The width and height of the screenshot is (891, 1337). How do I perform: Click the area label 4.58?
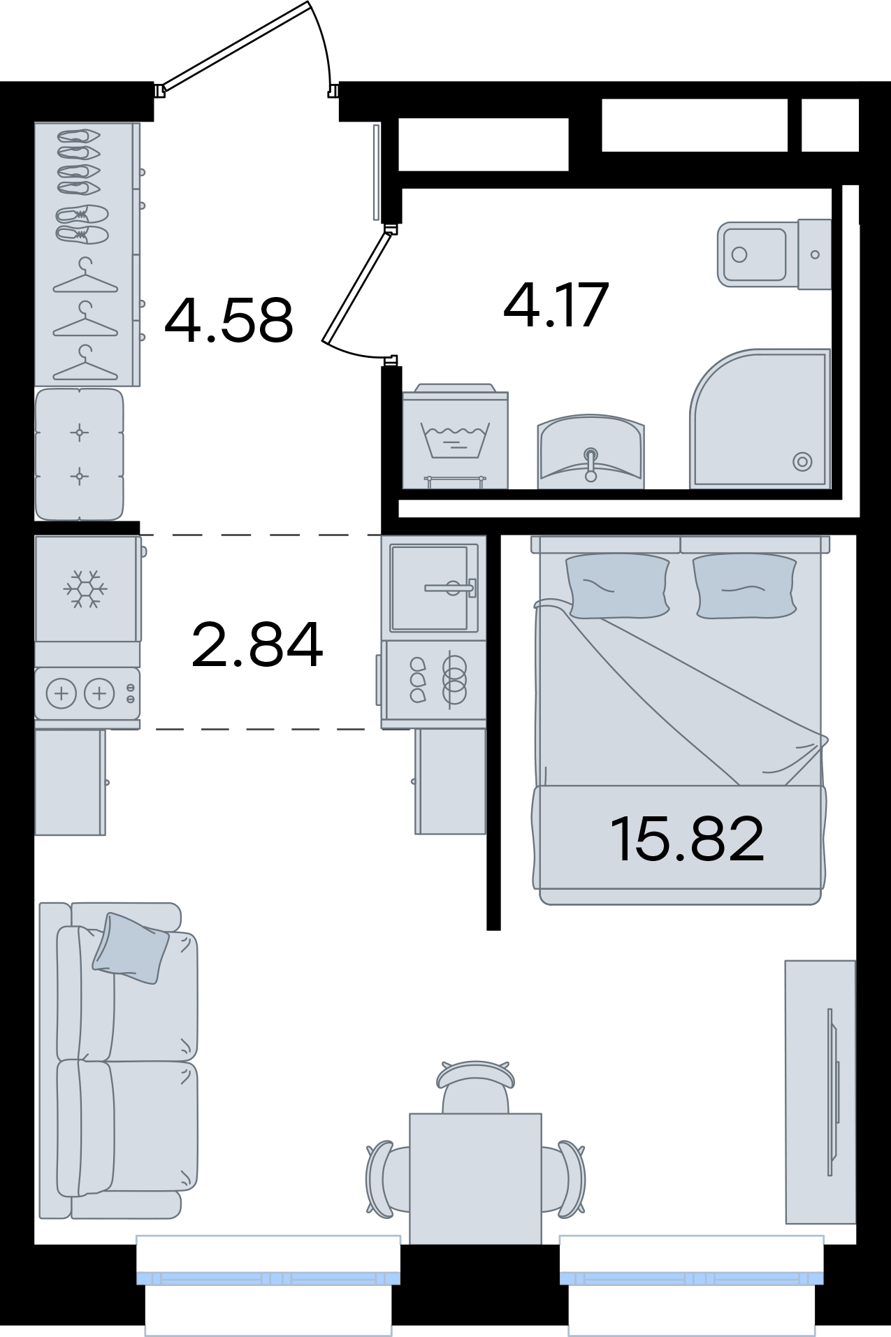coord(229,320)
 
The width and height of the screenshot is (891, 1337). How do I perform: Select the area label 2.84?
coord(257,644)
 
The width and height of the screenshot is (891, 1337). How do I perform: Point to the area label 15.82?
coord(687,839)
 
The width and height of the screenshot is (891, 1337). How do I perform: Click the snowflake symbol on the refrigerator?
coord(86,588)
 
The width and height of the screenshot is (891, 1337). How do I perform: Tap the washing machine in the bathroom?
coord(455,436)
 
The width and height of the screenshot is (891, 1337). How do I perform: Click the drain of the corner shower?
coord(802,461)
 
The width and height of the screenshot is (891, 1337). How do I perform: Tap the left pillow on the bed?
coord(617,586)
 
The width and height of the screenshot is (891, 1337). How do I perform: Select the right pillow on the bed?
coord(745,586)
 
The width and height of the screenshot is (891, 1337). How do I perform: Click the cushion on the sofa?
coord(131,948)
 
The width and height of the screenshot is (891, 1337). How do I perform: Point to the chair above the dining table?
coord(476,1087)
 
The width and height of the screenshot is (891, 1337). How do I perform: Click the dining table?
coord(475,1179)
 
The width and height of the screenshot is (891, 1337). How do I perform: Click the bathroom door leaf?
coord(356,287)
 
